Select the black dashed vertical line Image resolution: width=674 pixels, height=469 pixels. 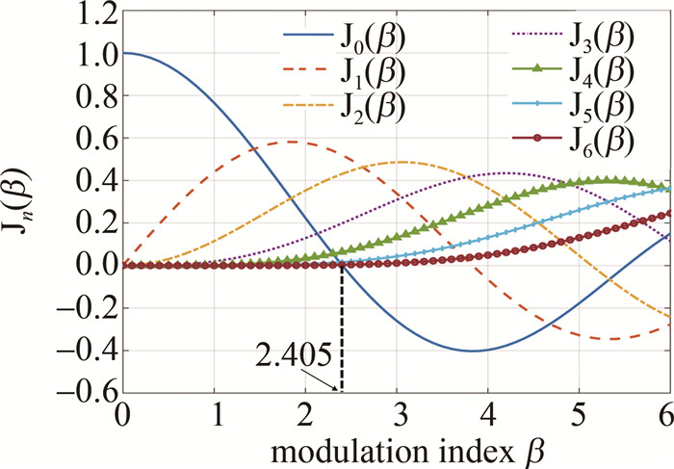(x=342, y=327)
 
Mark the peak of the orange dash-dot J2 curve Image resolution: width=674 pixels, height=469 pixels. (x=399, y=162)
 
